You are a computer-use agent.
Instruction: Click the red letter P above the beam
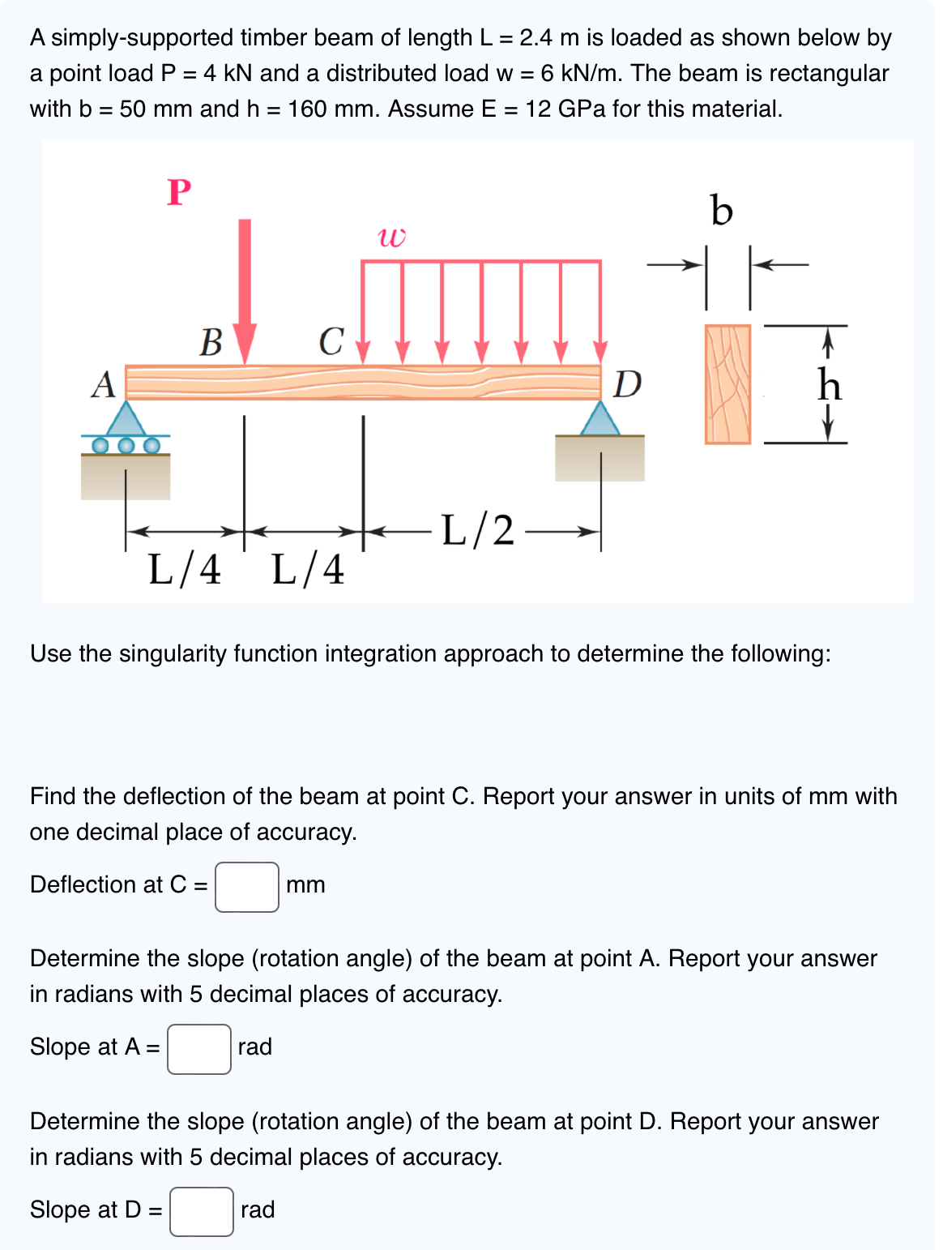coord(179,192)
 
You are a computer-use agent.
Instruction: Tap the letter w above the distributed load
coord(391,237)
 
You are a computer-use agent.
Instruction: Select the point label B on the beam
coord(211,342)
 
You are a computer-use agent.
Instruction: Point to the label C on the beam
coord(331,341)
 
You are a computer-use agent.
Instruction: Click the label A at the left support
coord(103,384)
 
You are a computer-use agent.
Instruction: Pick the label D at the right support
coord(627,383)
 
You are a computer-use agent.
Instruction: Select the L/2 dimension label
coord(478,531)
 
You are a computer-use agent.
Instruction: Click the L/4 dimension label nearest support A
coord(185,569)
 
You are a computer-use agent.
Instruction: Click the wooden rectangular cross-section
coord(728,384)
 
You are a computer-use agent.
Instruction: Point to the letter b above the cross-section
coord(721,211)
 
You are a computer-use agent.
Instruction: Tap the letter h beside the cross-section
coord(829,384)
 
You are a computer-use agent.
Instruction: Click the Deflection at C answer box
coord(247,887)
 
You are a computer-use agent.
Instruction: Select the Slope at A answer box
coord(199,1049)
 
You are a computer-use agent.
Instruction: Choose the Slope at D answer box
coord(202,1212)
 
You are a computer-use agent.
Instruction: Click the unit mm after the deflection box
coord(305,885)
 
